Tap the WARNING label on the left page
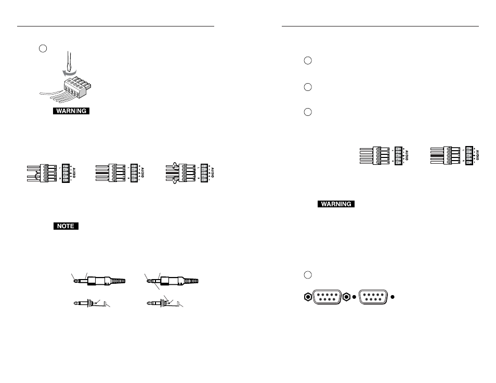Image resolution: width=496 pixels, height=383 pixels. pyautogui.click(x=71, y=111)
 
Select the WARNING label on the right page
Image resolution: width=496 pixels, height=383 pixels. pyautogui.click(x=336, y=204)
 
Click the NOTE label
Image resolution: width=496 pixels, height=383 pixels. pyautogui.click(x=65, y=226)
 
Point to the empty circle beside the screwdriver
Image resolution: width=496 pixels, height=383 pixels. pyautogui.click(x=44, y=48)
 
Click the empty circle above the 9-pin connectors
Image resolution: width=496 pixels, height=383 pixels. pyautogui.click(x=308, y=274)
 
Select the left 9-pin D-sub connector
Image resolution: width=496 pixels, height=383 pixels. pyautogui.click(x=328, y=298)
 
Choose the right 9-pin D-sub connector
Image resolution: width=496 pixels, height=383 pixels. pyautogui.click(x=373, y=298)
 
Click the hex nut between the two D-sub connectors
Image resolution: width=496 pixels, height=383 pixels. pyautogui.click(x=347, y=298)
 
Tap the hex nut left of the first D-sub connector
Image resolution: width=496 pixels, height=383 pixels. pyautogui.click(x=308, y=298)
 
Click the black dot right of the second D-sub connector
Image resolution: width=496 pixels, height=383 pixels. pyautogui.click(x=393, y=298)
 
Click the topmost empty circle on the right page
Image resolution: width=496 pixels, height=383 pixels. pyautogui.click(x=308, y=61)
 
